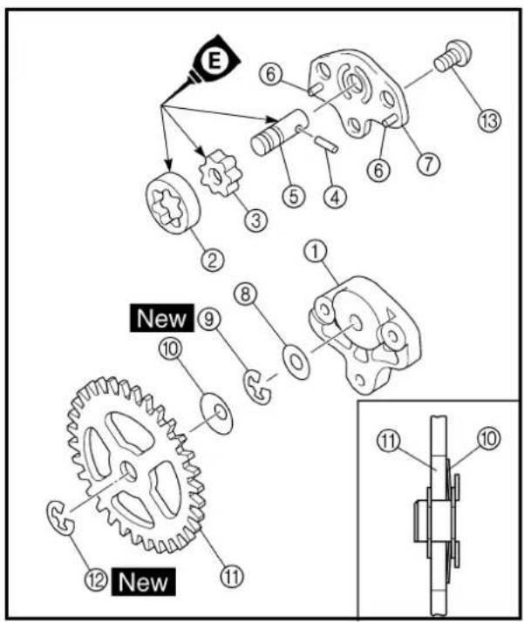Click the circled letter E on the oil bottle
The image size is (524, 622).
click(x=214, y=63)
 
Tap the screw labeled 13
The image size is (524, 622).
click(x=453, y=56)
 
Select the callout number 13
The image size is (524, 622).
click(x=488, y=120)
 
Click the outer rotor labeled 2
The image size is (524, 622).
click(x=173, y=203)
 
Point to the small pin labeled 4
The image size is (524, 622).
click(x=327, y=144)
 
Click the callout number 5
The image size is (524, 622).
click(x=294, y=196)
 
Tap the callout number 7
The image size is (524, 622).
click(x=428, y=164)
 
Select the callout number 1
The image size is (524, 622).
click(x=316, y=253)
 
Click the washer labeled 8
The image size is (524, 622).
click(x=296, y=362)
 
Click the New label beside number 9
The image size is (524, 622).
click(x=161, y=318)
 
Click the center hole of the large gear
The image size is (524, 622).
click(x=129, y=470)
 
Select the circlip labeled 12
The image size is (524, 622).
click(x=60, y=519)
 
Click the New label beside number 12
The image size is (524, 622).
click(x=143, y=582)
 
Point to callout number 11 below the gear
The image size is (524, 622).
click(x=232, y=576)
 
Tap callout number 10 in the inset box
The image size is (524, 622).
click(x=488, y=438)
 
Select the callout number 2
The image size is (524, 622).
click(x=213, y=260)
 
